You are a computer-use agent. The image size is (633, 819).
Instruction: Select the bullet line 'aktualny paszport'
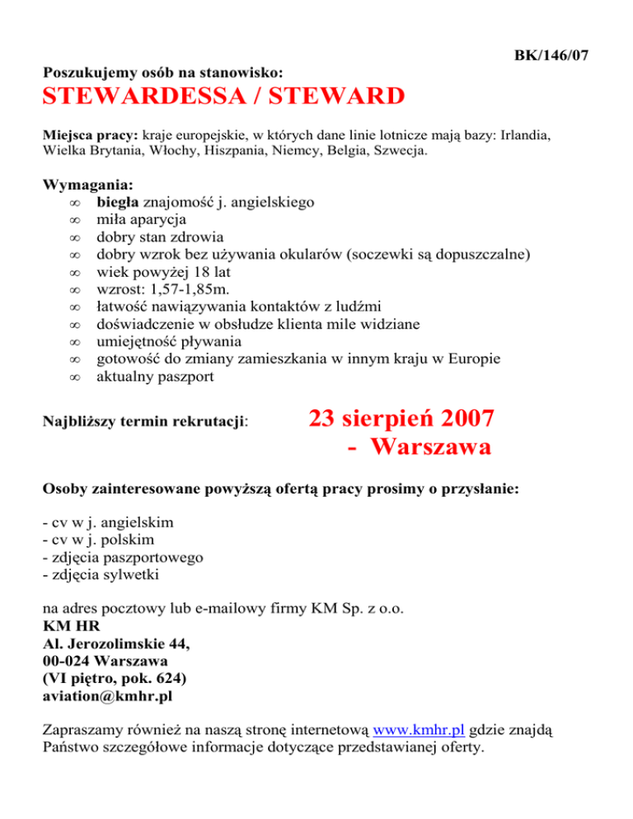coord(155,378)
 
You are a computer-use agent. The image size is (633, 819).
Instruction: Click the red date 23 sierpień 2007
coord(401,419)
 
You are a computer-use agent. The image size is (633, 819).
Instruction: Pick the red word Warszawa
coord(430,448)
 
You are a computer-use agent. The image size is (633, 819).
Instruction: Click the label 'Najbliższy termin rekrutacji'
coord(144,421)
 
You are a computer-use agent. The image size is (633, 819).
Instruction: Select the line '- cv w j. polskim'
coord(107,540)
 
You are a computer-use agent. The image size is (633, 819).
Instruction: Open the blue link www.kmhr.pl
coord(419,729)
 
